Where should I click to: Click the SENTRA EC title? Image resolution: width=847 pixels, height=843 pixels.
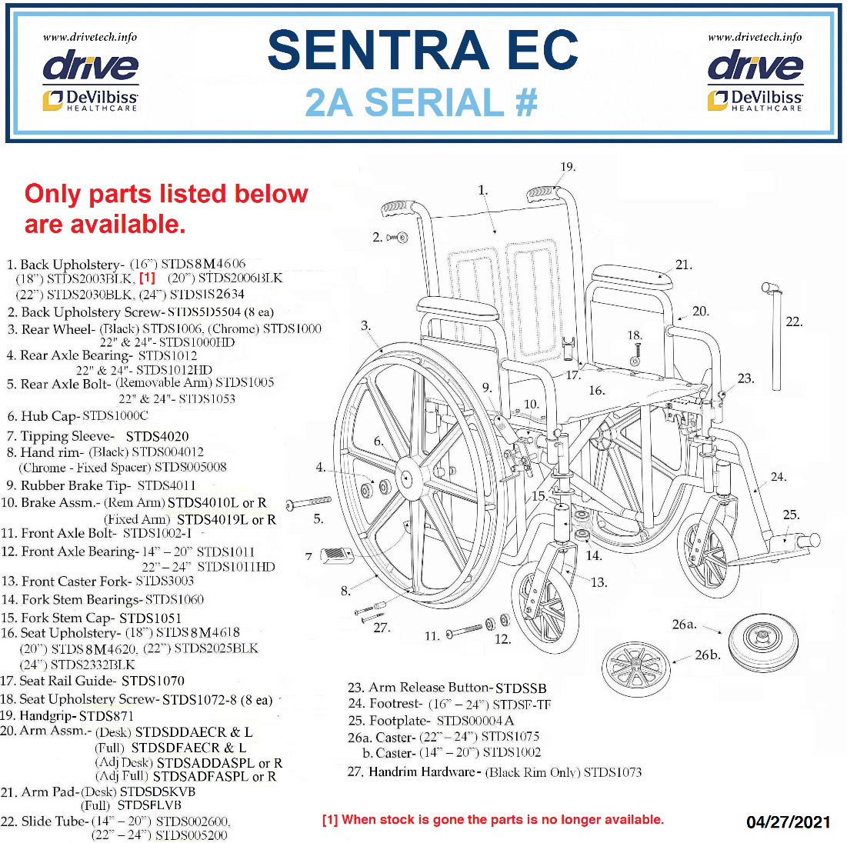point(423,50)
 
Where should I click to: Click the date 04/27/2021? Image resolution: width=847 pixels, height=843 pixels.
point(788,822)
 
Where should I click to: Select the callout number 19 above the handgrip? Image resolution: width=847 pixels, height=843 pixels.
point(567,166)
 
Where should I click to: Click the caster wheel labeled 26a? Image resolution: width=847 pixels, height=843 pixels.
point(762,642)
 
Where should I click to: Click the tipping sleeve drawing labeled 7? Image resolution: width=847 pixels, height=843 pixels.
point(336,555)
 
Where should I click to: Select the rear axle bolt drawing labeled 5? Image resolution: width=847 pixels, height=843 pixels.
point(308,503)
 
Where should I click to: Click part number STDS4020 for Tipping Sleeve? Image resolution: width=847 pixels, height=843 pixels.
point(157,436)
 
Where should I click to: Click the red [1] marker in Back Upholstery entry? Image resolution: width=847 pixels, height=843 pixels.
point(147,278)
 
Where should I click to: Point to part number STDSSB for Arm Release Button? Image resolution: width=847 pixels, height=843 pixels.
point(521,688)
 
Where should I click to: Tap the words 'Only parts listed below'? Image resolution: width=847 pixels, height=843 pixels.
point(166,193)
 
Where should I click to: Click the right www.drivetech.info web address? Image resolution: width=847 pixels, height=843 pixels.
point(755,37)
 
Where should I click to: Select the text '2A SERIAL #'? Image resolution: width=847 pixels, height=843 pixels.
point(422,102)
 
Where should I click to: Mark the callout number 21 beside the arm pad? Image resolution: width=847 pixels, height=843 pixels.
point(683,265)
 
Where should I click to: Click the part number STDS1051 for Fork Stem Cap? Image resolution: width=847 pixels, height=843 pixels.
point(150,618)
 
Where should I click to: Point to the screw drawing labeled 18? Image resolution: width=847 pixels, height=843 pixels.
point(635,355)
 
